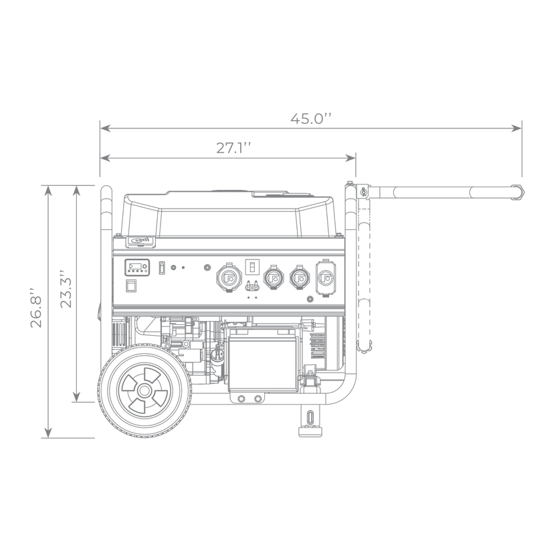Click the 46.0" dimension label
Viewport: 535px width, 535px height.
pos(310,119)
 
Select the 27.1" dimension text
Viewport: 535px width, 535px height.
pos(228,148)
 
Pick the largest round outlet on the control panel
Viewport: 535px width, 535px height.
pos(225,275)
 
